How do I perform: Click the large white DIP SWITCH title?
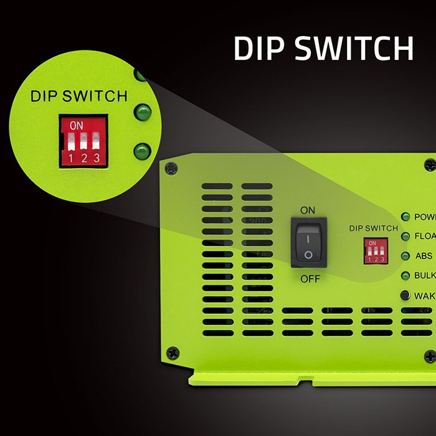[x=323, y=48]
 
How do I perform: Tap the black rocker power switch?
[x=308, y=243]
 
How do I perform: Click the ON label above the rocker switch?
[x=308, y=210]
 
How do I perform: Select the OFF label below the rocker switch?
[x=310, y=278]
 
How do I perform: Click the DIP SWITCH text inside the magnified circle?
[x=79, y=97]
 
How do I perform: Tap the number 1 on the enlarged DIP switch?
[x=71, y=158]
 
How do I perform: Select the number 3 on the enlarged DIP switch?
[x=96, y=158]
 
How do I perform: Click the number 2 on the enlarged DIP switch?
[x=83, y=158]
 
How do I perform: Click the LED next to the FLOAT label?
[x=405, y=236]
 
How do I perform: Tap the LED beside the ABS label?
[x=405, y=256]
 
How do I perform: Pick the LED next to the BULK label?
[x=405, y=275]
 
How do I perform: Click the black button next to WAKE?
[x=405, y=295]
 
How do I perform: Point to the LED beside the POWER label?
[x=405, y=217]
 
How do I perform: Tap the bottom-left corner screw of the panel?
[x=173, y=353]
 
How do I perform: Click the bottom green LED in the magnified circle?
[x=143, y=151]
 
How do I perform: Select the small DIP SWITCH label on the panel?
[x=373, y=228]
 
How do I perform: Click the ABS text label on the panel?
[x=424, y=256]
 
